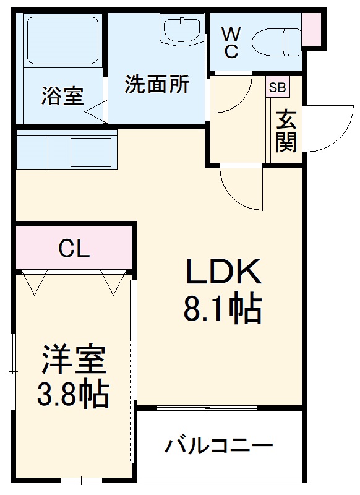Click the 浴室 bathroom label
point(62,96)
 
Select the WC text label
point(230,42)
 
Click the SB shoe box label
point(276,87)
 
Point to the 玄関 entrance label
point(286,131)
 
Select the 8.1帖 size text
point(221,309)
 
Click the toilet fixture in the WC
point(276,41)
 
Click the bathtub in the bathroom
point(62,41)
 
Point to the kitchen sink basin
point(90,151)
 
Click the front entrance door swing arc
point(328,127)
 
